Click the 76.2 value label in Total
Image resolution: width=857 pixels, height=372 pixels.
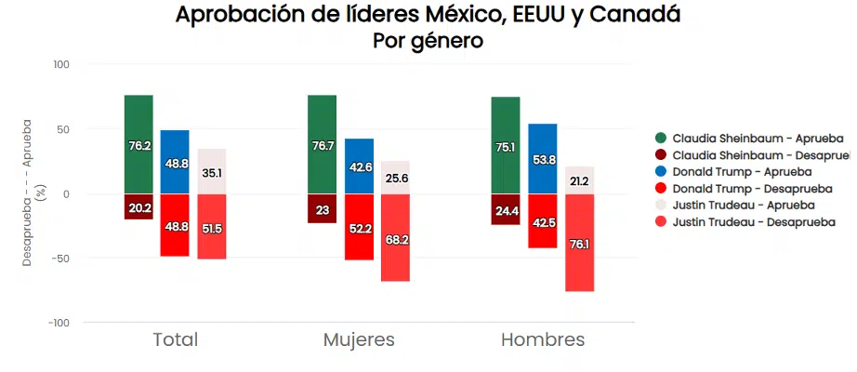(x=139, y=146)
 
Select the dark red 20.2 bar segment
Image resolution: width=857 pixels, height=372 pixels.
(x=139, y=206)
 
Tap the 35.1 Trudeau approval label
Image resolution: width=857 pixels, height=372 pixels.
(x=212, y=173)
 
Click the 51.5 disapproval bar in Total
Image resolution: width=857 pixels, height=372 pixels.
(x=212, y=228)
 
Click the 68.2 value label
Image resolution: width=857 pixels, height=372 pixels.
(x=395, y=240)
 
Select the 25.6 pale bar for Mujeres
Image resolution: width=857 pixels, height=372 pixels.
(x=395, y=178)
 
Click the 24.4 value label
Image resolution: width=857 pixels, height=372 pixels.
(x=507, y=211)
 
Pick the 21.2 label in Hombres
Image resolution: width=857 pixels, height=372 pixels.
(x=579, y=181)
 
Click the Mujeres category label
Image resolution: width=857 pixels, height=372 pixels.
(x=359, y=339)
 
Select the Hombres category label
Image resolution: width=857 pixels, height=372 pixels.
(x=543, y=339)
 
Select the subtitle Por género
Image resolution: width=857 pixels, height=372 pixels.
(x=428, y=42)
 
